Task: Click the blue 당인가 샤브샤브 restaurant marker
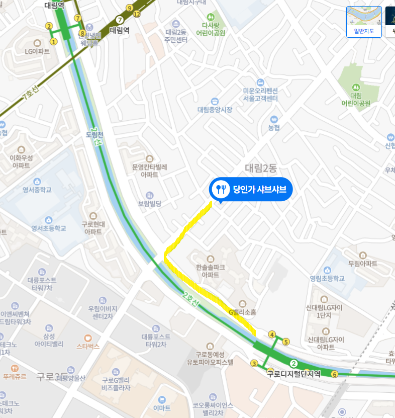[250, 190]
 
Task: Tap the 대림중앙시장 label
[215, 110]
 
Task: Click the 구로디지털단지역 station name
[293, 374]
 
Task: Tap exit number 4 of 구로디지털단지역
[272, 335]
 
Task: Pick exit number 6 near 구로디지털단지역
[335, 374]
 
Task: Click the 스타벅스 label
[88, 346]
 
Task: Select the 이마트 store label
[162, 407]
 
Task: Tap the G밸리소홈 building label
[243, 312]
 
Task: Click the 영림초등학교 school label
[327, 278]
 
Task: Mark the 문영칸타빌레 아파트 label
[149, 170]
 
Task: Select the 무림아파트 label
[363, 263]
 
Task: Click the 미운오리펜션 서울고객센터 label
[260, 95]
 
